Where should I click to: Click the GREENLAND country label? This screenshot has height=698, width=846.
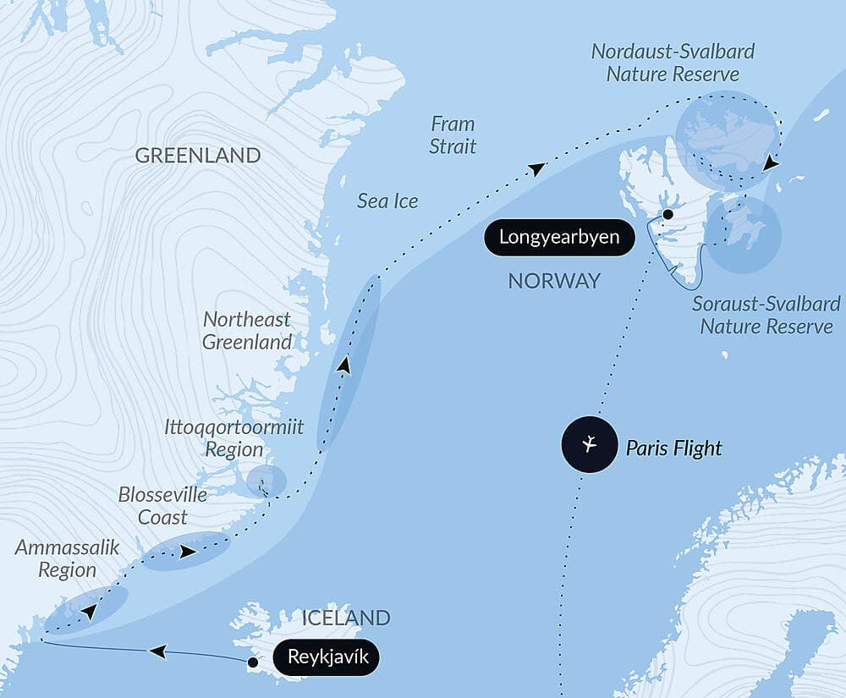point(197,156)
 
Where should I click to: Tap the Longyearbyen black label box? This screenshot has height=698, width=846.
point(559,237)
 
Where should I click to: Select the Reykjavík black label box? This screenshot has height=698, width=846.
point(327,657)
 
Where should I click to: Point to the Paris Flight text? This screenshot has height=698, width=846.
point(673,447)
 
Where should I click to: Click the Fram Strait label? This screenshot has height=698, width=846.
point(453,135)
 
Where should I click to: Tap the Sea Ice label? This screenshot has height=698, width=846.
point(387,201)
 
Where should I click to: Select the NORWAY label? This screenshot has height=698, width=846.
point(554,281)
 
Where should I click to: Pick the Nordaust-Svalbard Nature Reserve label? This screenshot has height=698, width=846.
point(673,63)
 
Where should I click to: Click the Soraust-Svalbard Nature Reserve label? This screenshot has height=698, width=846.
point(766,315)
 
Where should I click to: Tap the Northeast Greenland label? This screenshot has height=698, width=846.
point(247,331)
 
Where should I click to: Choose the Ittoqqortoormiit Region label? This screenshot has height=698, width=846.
point(234,437)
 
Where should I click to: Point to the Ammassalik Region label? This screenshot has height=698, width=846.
point(56,558)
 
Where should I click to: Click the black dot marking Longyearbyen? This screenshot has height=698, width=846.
point(667,215)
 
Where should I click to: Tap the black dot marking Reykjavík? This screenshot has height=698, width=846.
point(252,662)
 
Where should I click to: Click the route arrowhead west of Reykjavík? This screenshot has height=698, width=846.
point(157,651)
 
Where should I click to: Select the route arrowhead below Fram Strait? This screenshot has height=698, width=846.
point(536,169)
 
